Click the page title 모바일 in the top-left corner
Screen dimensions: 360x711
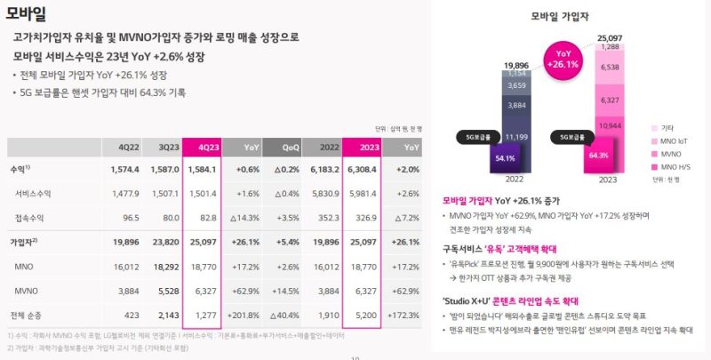point(27,12)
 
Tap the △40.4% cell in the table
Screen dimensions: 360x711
point(287,314)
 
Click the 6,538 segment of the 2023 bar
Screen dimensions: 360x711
point(611,67)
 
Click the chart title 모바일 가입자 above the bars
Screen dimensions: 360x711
point(563,15)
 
